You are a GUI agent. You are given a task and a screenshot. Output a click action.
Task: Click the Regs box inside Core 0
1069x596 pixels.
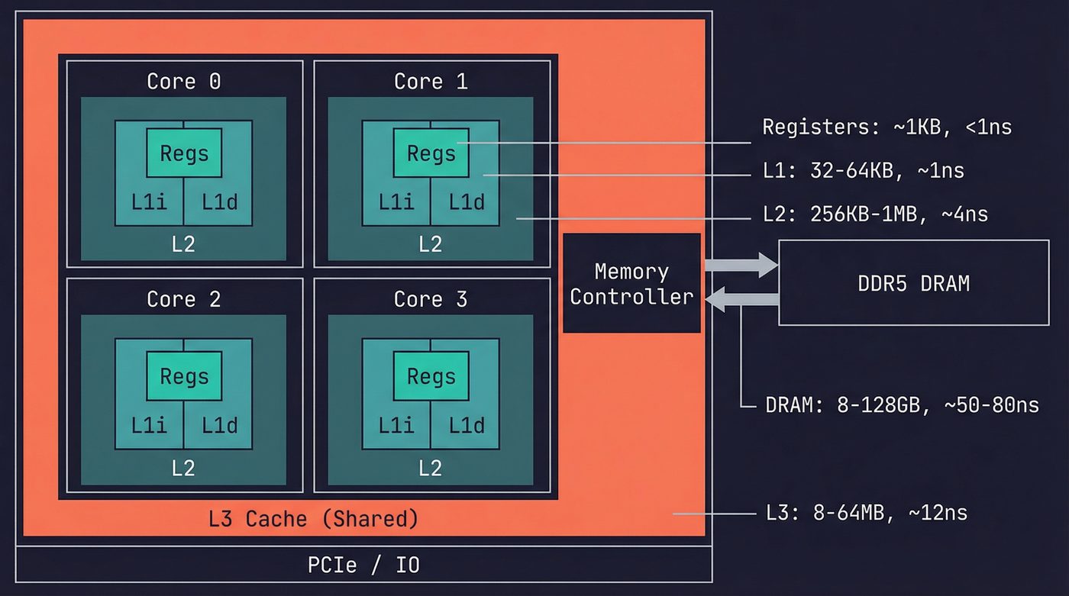[184, 153]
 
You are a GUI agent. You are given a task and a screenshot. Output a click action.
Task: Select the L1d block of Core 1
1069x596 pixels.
[466, 201]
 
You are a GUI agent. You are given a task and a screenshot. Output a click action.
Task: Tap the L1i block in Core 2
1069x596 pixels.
[149, 424]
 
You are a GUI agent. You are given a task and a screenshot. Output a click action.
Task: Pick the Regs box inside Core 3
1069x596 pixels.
[431, 375]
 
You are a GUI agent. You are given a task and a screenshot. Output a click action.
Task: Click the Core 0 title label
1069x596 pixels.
[184, 81]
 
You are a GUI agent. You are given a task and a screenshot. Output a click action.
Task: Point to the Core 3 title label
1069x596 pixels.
[431, 298]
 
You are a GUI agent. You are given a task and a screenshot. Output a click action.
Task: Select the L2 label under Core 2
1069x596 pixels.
[183, 467]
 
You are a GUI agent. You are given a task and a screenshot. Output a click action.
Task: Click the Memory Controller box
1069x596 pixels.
[631, 283]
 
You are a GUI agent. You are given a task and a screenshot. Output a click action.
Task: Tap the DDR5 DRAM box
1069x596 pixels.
[913, 283]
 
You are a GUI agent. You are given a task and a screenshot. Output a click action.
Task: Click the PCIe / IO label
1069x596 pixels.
[363, 565]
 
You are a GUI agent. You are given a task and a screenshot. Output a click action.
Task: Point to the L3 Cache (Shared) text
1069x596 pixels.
[313, 519]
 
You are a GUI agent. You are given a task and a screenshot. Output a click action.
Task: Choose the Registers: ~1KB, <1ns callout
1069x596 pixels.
[887, 127]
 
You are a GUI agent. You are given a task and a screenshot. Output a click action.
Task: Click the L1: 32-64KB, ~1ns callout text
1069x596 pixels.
[863, 171]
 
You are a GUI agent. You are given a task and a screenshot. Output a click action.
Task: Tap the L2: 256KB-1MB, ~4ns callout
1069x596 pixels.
[875, 214]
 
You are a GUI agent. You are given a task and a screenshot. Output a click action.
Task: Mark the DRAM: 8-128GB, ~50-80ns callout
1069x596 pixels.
[902, 404]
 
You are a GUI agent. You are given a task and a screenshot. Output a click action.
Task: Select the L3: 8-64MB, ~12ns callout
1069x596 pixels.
[866, 512]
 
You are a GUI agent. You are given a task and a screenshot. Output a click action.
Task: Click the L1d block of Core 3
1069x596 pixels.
[466, 424]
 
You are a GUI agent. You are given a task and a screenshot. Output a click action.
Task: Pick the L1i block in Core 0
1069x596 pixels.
[149, 201]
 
